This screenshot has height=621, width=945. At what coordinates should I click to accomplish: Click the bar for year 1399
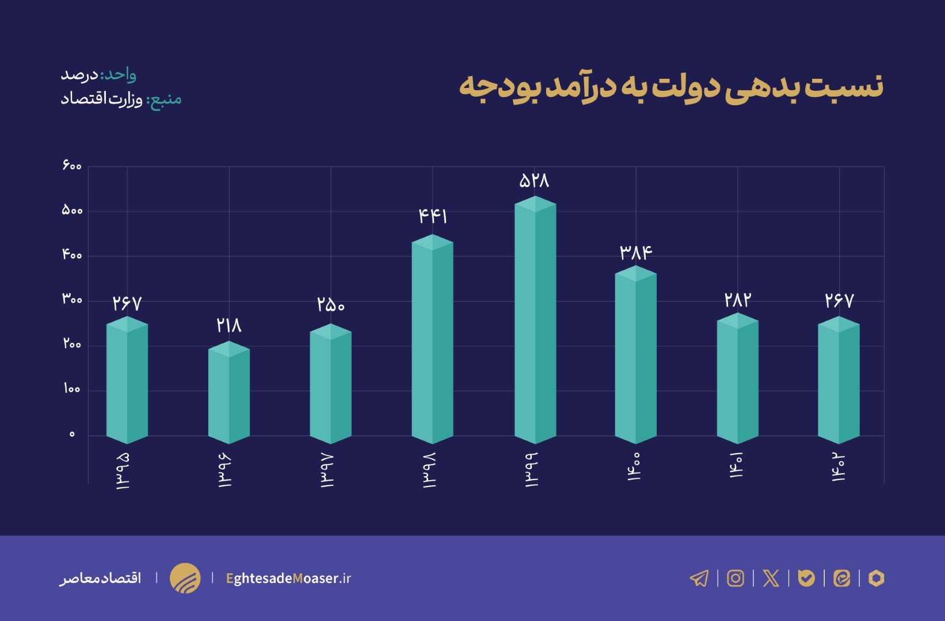tap(535, 322)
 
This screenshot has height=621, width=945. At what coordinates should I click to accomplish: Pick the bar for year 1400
tap(635, 356)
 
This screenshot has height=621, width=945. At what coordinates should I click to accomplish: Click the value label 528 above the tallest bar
tap(534, 181)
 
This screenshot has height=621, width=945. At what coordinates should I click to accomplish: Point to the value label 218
tap(229, 325)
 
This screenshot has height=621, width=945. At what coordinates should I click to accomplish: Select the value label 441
tap(433, 216)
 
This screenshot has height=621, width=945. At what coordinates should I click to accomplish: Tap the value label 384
tap(635, 252)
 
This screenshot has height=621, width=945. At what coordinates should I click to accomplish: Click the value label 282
tap(737, 300)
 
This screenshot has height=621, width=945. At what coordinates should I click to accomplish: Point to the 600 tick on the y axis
tap(72, 166)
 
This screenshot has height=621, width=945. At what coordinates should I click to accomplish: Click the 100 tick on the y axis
tap(72, 389)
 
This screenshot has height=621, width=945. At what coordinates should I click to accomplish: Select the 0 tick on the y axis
tap(72, 434)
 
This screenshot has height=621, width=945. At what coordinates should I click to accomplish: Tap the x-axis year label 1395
tap(123, 470)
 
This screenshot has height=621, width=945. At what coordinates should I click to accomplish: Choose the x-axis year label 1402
tap(839, 467)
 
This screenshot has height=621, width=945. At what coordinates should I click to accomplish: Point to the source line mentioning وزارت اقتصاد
tap(121, 99)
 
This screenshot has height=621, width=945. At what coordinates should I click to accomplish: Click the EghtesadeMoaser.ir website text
tap(288, 578)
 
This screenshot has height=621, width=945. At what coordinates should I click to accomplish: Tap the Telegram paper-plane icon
tap(699, 578)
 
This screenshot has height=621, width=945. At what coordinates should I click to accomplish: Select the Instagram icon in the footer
tap(735, 578)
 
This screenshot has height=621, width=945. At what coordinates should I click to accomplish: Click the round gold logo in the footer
tap(185, 578)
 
